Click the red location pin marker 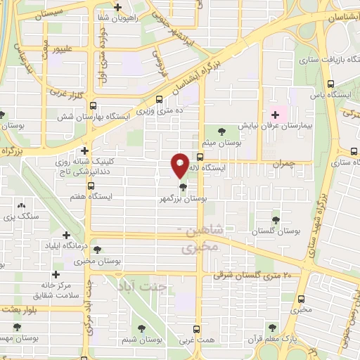click(181, 165)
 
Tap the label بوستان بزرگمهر click(184, 200)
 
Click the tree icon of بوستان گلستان click(276, 219)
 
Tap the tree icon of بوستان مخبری click(98, 249)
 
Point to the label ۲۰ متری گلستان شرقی click(270, 276)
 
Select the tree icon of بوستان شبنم click(143, 328)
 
